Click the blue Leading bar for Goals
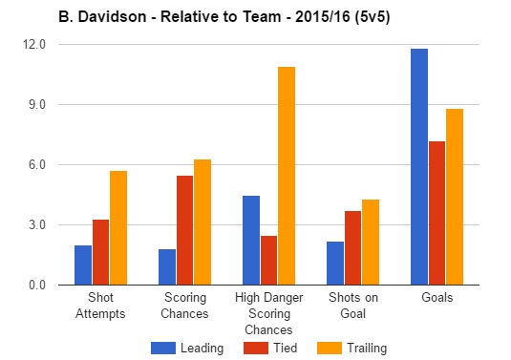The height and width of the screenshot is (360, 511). pos(419,167)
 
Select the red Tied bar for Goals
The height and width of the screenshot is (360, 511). pos(437,213)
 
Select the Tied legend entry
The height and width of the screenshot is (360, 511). pos(271,348)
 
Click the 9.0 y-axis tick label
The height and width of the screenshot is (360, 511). pos(36,104)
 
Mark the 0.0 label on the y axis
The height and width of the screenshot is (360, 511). pos(36,285)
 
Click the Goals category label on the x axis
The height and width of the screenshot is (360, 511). pos(436,298)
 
